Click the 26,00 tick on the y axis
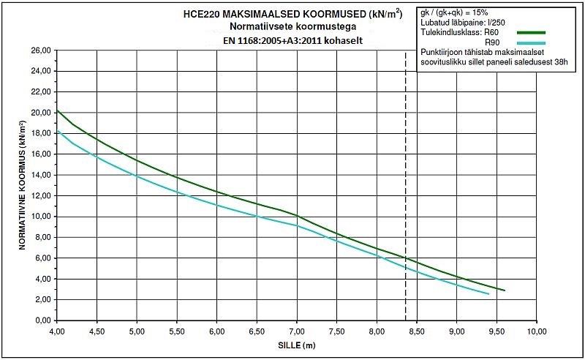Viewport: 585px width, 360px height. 40,50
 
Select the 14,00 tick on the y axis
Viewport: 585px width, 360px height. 40,175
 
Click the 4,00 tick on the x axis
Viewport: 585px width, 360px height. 57,331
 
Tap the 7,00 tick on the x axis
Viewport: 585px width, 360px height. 297,331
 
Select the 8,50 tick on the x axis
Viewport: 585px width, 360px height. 417,331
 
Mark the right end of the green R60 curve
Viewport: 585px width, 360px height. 505,290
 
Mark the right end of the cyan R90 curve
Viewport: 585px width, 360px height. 488,294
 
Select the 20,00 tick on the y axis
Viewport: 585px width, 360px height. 40,113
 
